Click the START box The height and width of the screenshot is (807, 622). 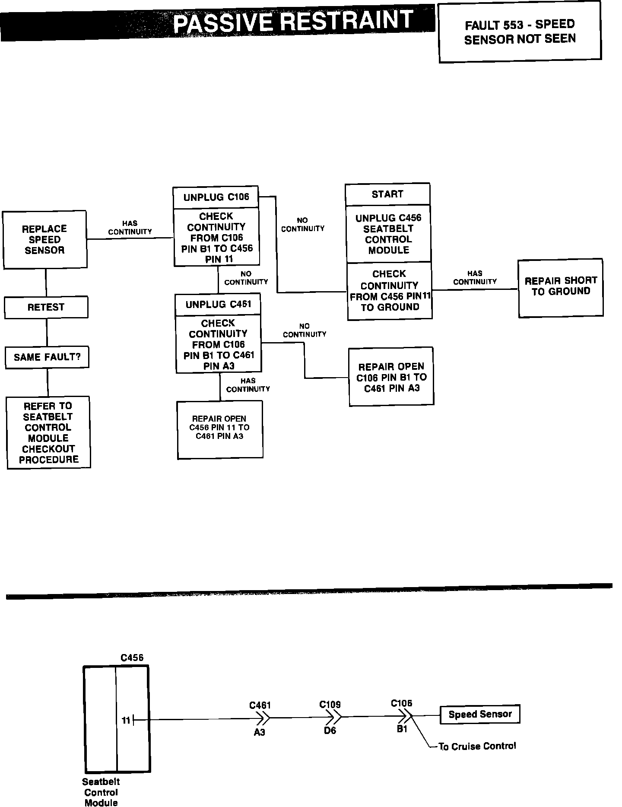tap(387, 194)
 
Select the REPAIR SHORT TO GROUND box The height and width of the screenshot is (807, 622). tap(561, 288)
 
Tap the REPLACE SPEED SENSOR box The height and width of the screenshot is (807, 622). tap(44, 239)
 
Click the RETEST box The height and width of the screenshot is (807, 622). tap(46, 307)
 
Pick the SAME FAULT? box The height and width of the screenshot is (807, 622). tap(47, 357)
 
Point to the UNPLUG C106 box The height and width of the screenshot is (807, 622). tap(216, 197)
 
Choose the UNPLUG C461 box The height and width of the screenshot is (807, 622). tap(218, 305)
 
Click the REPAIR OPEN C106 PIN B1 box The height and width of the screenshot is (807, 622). tap(391, 377)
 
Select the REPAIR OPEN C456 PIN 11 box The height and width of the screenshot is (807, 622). tap(220, 429)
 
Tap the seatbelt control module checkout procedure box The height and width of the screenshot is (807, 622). tap(48, 432)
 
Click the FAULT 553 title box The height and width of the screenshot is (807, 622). tap(520, 32)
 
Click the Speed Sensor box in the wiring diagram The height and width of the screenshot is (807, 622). tap(480, 714)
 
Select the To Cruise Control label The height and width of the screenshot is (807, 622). tap(477, 746)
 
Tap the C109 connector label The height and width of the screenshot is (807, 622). tap(330, 705)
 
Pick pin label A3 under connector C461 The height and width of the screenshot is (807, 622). tap(260, 732)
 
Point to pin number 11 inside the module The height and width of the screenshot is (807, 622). tap(126, 721)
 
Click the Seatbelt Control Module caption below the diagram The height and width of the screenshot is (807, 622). tap(101, 792)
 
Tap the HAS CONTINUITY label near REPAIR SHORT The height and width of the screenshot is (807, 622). tap(475, 277)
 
